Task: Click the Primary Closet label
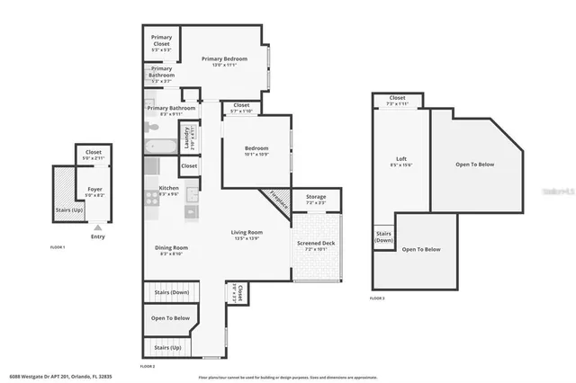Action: (162, 39)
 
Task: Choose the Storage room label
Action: (315, 196)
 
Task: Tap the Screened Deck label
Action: (315, 244)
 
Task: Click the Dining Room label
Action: (171, 249)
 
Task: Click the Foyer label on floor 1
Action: (94, 190)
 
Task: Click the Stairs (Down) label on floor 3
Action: (384, 237)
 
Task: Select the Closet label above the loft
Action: (398, 98)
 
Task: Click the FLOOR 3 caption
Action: (377, 298)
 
